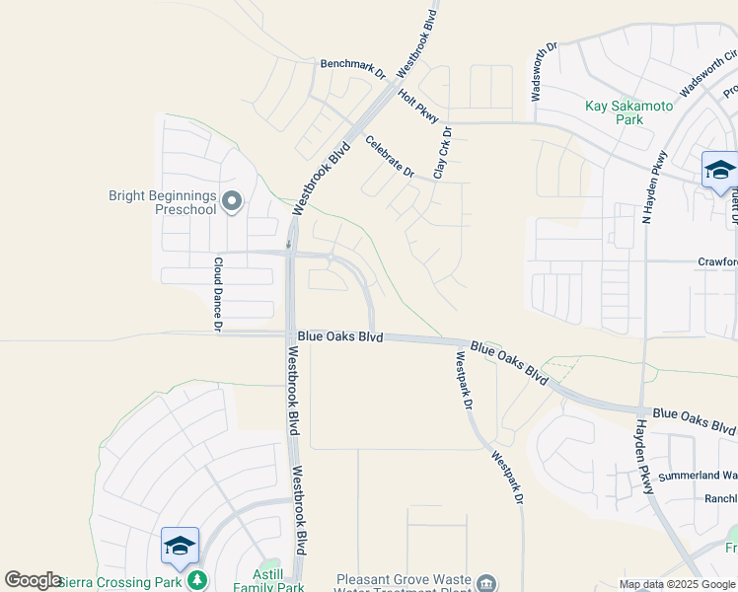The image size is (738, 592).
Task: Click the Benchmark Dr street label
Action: (x=353, y=67)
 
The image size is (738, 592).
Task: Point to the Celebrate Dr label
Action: (x=390, y=156)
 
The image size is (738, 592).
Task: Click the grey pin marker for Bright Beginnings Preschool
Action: (x=233, y=202)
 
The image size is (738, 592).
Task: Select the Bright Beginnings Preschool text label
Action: (x=162, y=202)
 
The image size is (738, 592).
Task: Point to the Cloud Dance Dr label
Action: (x=218, y=293)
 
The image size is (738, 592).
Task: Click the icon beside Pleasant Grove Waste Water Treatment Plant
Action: (x=485, y=584)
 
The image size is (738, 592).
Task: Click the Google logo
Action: (x=33, y=580)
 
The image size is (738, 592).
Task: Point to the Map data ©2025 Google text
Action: (x=678, y=584)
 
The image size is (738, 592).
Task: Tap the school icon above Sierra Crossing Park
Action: (x=180, y=546)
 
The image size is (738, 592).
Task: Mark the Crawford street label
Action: (x=717, y=261)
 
